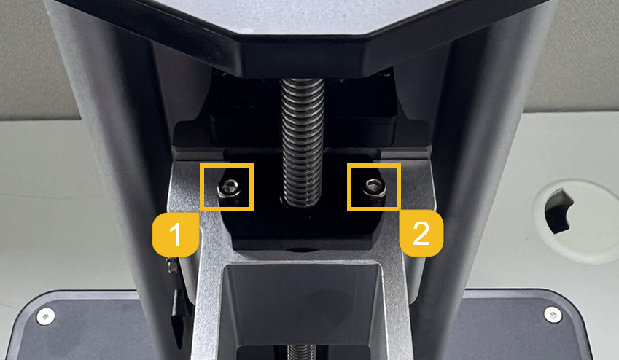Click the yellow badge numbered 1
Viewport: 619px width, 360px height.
point(175,234)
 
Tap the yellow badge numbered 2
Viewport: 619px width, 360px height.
point(421,233)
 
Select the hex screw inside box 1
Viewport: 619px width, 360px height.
point(230,188)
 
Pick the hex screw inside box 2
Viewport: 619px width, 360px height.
point(374,187)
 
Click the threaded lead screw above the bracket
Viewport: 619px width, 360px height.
point(303,142)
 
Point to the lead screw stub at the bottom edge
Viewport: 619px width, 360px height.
point(301,352)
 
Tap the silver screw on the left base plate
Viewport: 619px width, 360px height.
point(45,316)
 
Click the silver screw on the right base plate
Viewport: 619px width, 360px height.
point(552,315)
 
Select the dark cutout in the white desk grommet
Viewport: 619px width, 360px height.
point(558,211)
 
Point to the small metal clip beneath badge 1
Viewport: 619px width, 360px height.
point(172,265)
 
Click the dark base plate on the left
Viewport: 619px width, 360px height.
point(87,328)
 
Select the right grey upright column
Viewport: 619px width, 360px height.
point(474,178)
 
